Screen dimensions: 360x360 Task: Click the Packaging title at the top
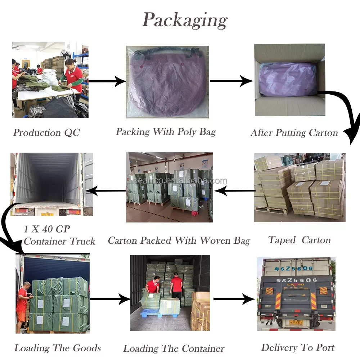click(185, 20)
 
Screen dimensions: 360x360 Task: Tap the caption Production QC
click(46, 132)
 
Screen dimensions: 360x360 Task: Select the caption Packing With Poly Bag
click(166, 132)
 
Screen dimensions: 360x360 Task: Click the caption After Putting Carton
click(294, 133)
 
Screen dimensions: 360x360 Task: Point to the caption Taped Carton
click(300, 240)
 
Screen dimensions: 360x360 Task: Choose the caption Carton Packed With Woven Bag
click(179, 240)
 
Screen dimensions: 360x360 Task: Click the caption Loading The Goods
click(58, 348)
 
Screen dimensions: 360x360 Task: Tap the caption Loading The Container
click(174, 348)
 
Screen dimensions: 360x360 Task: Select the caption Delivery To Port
click(298, 347)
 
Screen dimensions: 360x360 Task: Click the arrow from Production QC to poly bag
click(107, 81)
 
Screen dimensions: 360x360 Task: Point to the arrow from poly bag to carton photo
click(231, 81)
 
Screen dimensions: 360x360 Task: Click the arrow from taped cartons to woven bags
click(233, 191)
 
